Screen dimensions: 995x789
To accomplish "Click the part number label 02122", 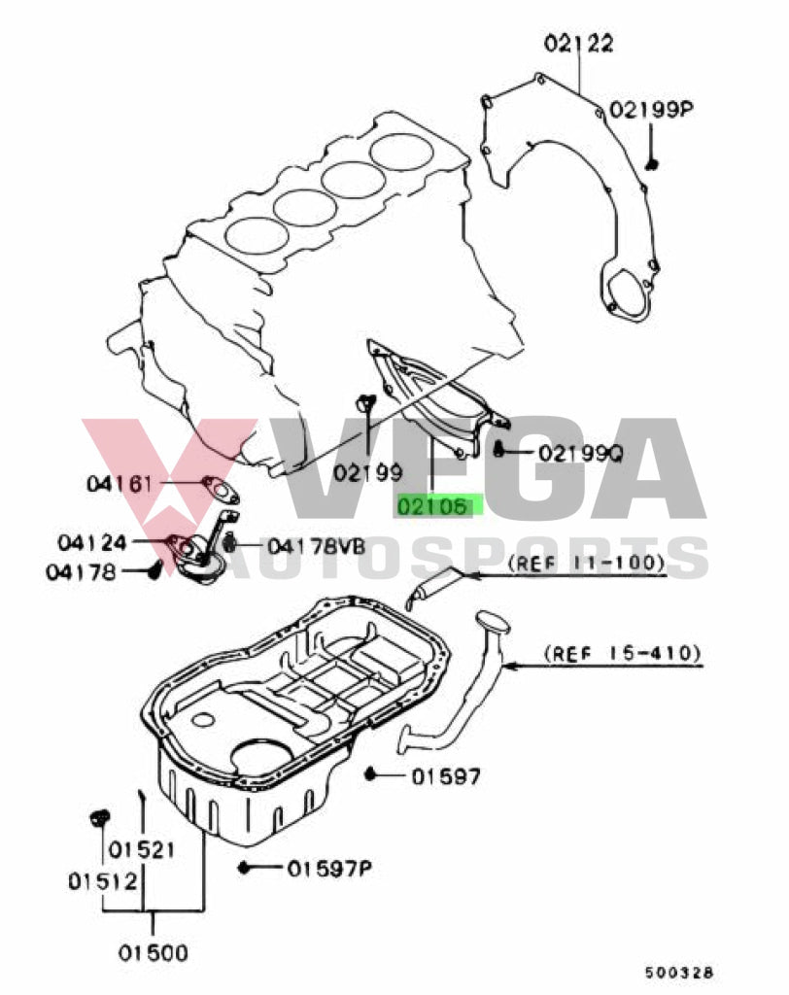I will [578, 43].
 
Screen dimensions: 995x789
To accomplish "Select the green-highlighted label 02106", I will [439, 506].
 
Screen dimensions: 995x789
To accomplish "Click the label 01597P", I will [330, 868].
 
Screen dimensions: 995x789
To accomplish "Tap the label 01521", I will [141, 850].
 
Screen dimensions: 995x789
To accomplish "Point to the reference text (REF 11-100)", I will [587, 562].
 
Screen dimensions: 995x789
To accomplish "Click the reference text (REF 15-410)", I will [622, 652].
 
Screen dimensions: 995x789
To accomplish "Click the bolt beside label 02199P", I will [652, 162].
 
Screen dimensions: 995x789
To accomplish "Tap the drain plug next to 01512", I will [97, 818].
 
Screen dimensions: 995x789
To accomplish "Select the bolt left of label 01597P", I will [246, 867].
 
